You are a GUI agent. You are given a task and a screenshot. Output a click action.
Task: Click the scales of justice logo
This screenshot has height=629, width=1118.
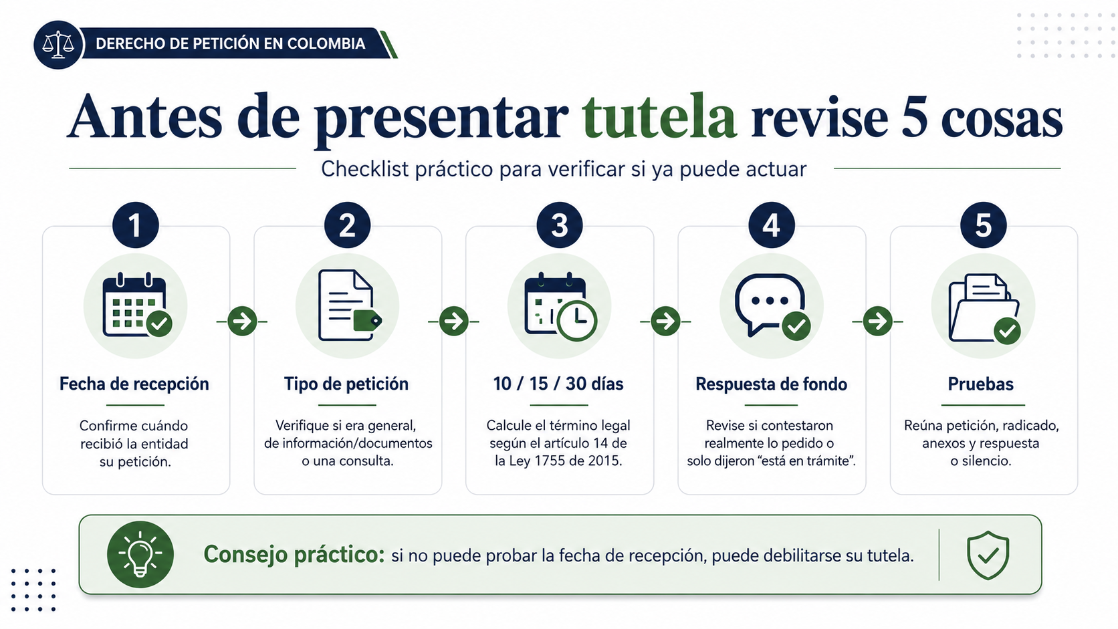[x=58, y=44]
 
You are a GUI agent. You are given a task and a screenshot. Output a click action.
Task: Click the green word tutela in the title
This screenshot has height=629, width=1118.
[x=659, y=118]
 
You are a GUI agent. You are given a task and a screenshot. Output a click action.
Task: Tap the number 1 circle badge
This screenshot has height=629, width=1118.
[x=135, y=225]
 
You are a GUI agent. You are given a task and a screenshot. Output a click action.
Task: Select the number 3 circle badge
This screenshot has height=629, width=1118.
[x=560, y=225]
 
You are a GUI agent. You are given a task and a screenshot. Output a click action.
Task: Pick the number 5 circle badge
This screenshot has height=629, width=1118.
[x=983, y=225]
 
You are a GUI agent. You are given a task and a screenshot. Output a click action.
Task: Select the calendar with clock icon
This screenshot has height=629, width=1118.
[x=560, y=306]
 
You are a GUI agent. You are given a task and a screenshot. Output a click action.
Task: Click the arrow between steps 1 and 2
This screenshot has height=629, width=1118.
[x=242, y=322]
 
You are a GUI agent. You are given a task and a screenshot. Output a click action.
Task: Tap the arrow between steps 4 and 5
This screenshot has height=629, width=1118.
[x=877, y=322]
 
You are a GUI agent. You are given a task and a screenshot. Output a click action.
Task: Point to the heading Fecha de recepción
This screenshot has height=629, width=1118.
[x=134, y=384]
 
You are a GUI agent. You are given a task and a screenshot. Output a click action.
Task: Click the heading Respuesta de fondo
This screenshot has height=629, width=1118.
[x=771, y=384]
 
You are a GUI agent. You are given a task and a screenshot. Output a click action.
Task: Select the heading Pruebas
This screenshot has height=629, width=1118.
[x=981, y=384]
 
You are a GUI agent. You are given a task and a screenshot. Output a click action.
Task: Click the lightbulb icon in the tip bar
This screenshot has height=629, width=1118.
[x=140, y=554]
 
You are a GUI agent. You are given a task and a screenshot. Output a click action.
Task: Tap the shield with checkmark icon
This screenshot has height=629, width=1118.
[x=988, y=555]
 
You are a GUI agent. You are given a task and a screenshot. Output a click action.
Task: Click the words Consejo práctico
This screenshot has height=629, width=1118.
[x=294, y=555]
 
